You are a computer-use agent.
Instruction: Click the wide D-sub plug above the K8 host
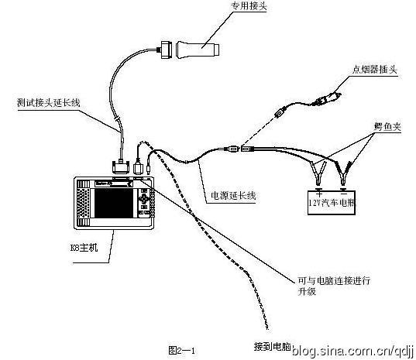coord(122,166)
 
